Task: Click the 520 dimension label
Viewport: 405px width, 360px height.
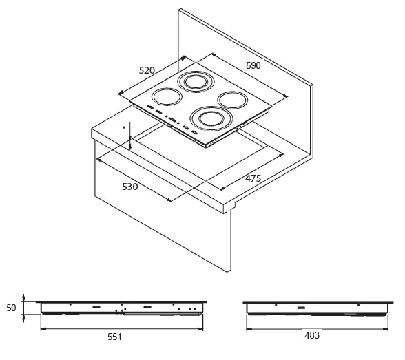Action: (x=147, y=70)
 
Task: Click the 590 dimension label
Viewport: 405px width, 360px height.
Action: (x=253, y=65)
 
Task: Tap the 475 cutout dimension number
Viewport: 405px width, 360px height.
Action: (x=253, y=178)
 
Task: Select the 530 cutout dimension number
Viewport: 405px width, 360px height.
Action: (x=130, y=187)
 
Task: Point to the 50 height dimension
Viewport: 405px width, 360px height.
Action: (x=11, y=308)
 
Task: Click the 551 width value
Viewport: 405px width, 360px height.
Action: (x=114, y=337)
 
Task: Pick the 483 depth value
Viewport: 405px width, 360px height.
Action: (x=312, y=335)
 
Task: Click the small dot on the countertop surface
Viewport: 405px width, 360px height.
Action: (x=124, y=127)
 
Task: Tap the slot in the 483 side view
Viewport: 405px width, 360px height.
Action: (x=301, y=308)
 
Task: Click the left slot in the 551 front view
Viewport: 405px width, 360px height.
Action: (x=96, y=307)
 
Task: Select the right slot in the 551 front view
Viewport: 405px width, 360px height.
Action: (x=147, y=307)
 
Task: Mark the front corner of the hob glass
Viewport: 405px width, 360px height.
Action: (x=206, y=145)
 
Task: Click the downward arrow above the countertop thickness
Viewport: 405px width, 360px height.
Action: (x=130, y=130)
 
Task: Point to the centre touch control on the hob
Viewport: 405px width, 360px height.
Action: (x=172, y=120)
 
